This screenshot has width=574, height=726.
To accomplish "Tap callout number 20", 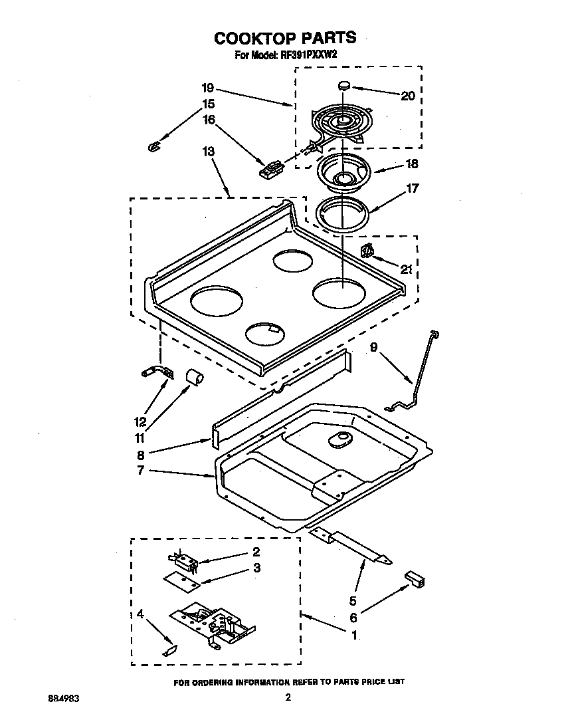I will [x=407, y=96].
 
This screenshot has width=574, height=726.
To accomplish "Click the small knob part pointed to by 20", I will [x=344, y=84].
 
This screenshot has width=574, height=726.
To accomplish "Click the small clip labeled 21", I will [x=365, y=250].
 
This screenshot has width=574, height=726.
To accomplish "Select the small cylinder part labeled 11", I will [x=194, y=378].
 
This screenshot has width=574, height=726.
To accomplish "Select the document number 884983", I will [x=64, y=698].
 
